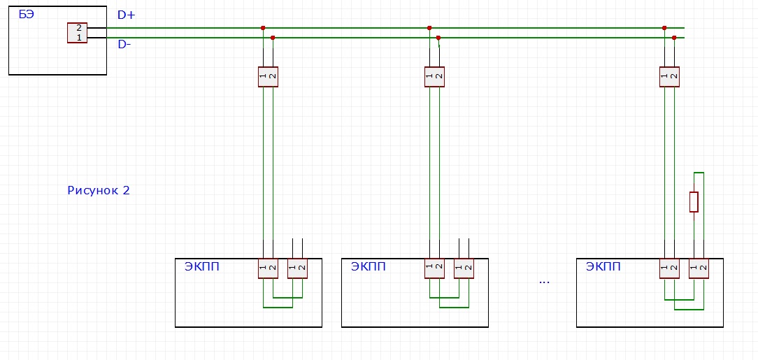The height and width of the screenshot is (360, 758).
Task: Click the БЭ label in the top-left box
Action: (26, 14)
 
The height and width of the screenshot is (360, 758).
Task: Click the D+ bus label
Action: (127, 15)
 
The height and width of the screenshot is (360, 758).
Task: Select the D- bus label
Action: (124, 45)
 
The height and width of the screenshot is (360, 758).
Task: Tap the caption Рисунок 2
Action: (99, 190)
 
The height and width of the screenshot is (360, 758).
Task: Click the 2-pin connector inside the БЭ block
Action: (78, 33)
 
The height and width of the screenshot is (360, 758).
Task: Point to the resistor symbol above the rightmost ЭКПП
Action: (694, 201)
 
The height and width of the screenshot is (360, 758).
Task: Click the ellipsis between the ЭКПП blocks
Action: (544, 282)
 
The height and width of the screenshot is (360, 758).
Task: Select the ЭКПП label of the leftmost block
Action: (201, 266)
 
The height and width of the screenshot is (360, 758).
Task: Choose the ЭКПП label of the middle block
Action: (369, 266)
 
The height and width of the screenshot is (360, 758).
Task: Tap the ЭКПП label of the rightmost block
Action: (603, 266)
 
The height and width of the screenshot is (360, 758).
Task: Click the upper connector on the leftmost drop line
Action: (268, 76)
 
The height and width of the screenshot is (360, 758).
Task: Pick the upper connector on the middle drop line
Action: (434, 76)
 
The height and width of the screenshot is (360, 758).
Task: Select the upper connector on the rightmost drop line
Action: (669, 76)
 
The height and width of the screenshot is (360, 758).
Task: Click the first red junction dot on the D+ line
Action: (263, 28)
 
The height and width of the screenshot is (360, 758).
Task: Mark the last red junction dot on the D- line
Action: (674, 38)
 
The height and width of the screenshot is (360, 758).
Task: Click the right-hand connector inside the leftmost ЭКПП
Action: (297, 268)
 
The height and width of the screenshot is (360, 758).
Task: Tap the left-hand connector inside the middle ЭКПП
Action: (434, 268)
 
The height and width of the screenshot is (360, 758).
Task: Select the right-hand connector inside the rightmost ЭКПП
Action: (699, 268)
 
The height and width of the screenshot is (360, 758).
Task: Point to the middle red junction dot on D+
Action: (429, 28)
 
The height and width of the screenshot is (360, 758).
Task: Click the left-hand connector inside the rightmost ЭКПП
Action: (669, 268)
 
